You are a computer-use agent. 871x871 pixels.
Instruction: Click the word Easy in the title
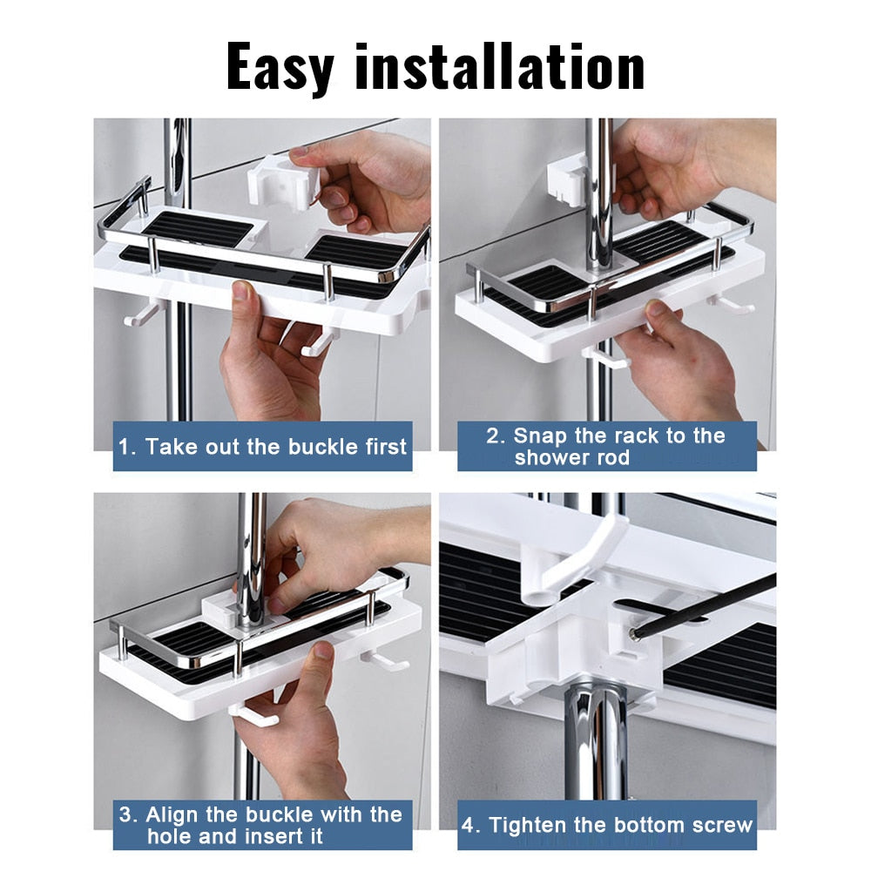click(x=280, y=66)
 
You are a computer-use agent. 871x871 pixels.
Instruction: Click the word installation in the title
click(x=499, y=66)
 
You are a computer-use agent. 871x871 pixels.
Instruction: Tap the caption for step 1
click(x=262, y=448)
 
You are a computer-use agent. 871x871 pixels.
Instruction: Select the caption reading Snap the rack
click(x=607, y=447)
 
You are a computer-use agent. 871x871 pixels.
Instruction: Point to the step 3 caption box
click(x=262, y=826)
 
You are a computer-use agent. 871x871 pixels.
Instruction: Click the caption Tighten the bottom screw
click(x=607, y=825)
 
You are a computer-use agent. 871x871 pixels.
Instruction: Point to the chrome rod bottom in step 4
click(x=597, y=740)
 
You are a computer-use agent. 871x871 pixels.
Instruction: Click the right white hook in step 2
click(x=730, y=304)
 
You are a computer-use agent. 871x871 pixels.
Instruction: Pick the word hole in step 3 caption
click(x=170, y=837)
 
